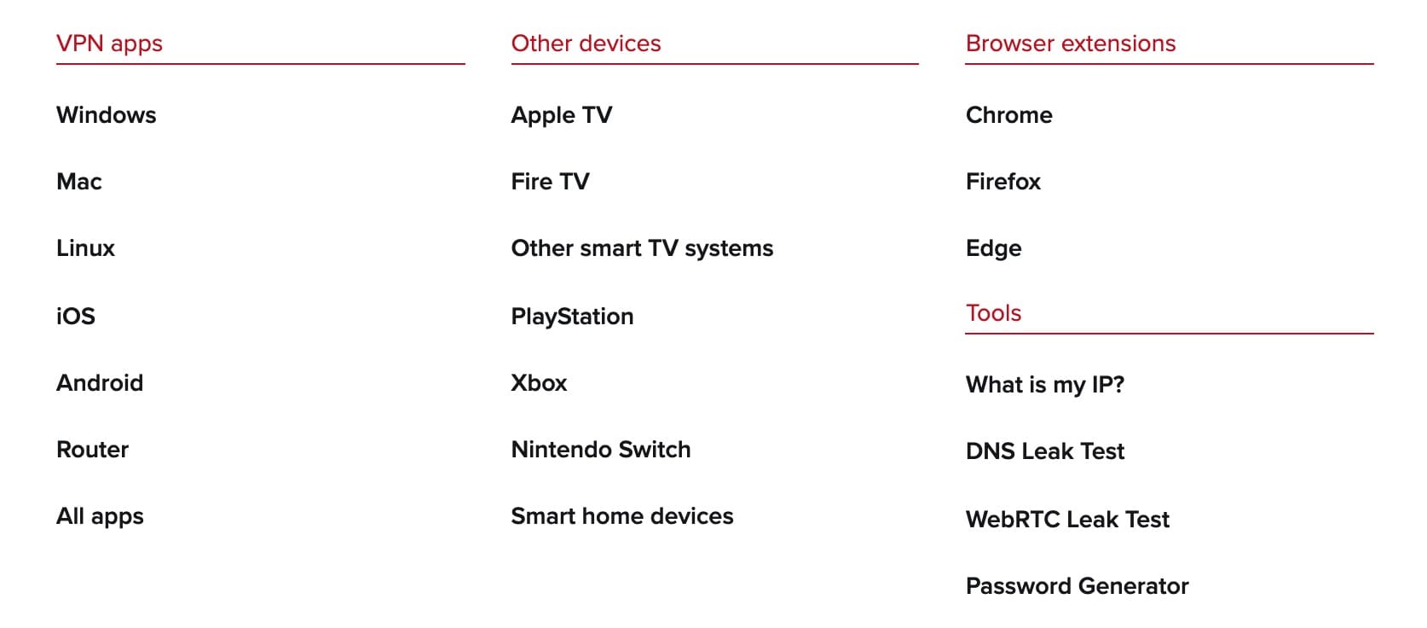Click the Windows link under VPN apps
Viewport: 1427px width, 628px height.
click(107, 114)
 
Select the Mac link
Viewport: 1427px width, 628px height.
click(79, 182)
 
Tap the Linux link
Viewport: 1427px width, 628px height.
click(85, 248)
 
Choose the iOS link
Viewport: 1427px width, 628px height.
click(76, 317)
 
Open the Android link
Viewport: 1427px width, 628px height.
click(100, 382)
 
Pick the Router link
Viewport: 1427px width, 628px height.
click(92, 450)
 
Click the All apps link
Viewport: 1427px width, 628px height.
click(100, 516)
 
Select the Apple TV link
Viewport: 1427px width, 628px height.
click(562, 115)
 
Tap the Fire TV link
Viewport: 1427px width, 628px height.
click(551, 182)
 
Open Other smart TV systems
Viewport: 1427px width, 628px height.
click(642, 248)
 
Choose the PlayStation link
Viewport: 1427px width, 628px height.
click(573, 317)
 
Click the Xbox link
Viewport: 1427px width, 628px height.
click(539, 382)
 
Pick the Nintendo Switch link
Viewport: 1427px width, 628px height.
click(601, 450)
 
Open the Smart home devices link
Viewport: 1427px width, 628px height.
click(622, 515)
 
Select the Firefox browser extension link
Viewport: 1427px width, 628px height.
click(1003, 182)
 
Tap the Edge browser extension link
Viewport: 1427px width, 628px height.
click(994, 248)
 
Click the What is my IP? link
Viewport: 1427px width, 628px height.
click(1045, 385)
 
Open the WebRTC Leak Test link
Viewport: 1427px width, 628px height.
click(1068, 519)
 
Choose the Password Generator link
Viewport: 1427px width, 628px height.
click(1077, 586)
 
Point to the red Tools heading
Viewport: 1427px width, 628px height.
click(994, 313)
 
